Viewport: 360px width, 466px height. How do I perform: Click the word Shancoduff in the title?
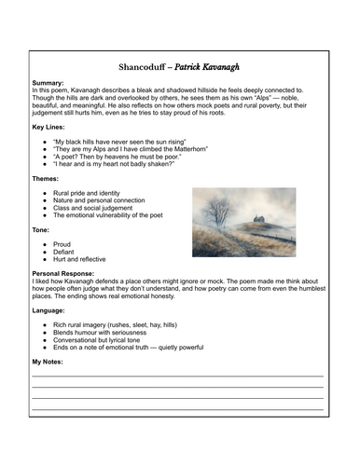(149, 68)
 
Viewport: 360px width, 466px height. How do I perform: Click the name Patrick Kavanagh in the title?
(211, 68)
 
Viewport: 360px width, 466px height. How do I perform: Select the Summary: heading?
(51, 83)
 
